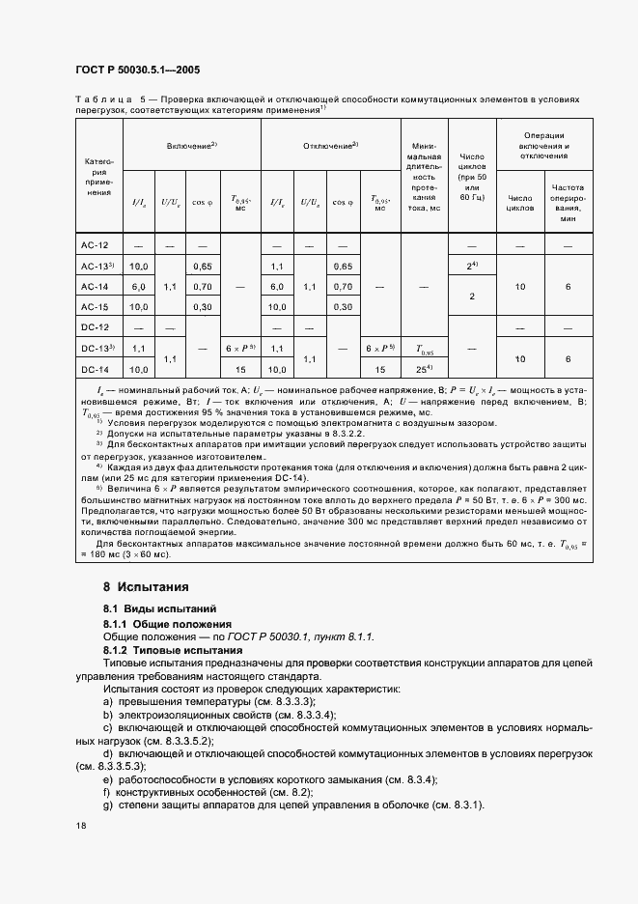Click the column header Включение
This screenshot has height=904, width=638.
point(191,145)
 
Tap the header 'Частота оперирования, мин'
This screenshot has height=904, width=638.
point(568,203)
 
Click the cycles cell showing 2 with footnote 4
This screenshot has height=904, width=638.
point(471,266)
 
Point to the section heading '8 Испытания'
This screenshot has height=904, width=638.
point(146,586)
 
